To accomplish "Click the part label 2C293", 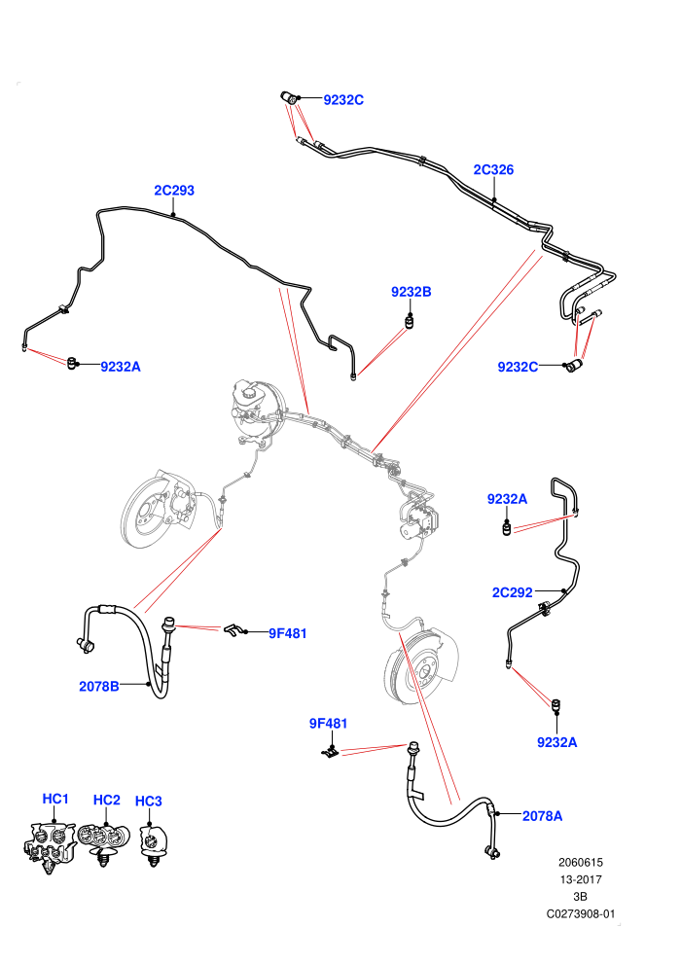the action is pos(174,191).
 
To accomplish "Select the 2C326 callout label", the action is pos(493,169).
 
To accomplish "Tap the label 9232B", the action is pos(411,292).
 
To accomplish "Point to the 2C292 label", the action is pos(512,592).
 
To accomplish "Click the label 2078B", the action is pos(99,686).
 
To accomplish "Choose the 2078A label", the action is pos(542,815).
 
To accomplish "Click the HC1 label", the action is pos(55,799).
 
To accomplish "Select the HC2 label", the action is pos(106,800).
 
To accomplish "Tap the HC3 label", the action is pos(148,801).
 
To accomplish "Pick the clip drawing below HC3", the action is pos(154,845).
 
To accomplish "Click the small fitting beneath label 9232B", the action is pos(410,321).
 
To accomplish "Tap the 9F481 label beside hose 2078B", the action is pos(287,633).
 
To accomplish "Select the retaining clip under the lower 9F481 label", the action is pos(331,751).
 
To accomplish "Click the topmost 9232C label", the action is pos(343,100).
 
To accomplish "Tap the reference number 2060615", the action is pos(580,862).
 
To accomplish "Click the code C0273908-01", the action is pos(580,913).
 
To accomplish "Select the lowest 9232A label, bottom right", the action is pos(556,742).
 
